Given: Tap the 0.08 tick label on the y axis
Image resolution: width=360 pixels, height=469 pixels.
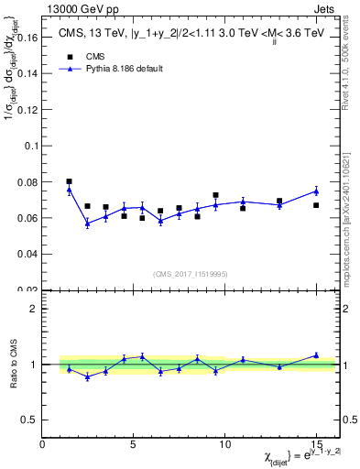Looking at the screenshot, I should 28,182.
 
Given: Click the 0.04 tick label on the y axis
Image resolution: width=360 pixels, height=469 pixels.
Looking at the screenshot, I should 28,254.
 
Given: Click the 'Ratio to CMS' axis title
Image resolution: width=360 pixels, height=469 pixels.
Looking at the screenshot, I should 13,364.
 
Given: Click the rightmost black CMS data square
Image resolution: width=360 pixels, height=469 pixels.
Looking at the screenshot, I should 316,205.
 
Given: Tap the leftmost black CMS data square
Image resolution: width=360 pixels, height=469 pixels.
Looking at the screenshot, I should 69,181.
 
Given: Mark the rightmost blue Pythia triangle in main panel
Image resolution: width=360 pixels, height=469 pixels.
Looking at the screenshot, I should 316,191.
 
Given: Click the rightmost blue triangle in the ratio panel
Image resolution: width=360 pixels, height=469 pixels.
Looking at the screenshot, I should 316,355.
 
